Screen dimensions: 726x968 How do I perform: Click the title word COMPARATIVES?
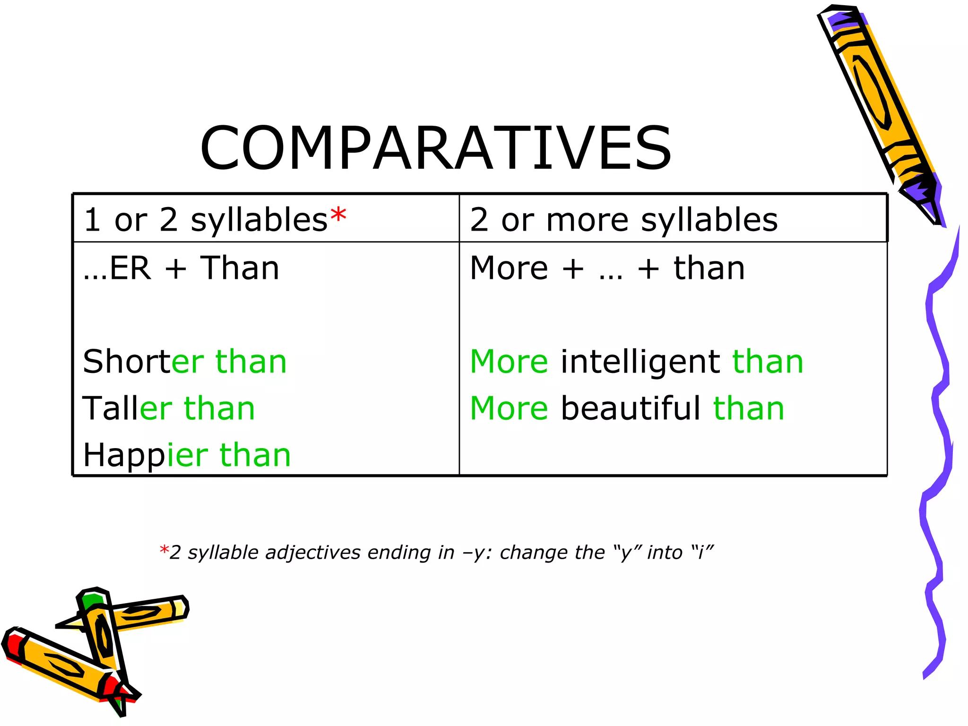(x=435, y=148)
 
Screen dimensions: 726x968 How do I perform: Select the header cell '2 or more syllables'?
(x=624, y=220)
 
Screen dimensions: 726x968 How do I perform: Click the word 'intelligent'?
(x=640, y=362)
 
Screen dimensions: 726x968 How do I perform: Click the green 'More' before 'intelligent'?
(x=509, y=362)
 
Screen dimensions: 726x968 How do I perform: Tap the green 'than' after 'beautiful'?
(x=749, y=408)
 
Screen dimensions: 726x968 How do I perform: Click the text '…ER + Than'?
(x=181, y=268)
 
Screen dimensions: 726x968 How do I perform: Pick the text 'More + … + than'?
(x=607, y=268)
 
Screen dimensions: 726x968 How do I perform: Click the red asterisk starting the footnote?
(x=164, y=551)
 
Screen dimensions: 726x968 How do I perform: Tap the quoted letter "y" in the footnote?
(x=626, y=552)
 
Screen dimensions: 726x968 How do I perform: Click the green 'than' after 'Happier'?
(x=255, y=455)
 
